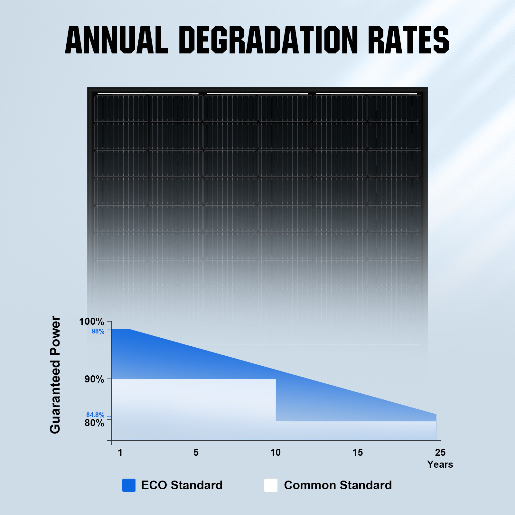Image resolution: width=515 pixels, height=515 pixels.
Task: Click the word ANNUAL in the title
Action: pos(117,40)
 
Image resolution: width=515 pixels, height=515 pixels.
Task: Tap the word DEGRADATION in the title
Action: pos(268,40)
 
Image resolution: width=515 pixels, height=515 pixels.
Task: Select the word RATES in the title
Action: pos(408,40)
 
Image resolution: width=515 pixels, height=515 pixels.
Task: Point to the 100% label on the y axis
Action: pos(92,322)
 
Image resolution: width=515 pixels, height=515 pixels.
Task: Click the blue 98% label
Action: pos(98,331)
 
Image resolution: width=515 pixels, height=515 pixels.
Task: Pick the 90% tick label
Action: pos(94,379)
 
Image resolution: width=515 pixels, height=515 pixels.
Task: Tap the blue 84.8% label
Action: pos(95,415)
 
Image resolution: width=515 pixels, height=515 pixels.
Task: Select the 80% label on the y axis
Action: pos(94,423)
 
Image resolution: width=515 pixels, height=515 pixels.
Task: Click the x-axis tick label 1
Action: pos(120,453)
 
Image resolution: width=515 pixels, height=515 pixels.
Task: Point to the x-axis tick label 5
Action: pos(196,453)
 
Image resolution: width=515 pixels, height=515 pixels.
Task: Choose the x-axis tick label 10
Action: pos(276,453)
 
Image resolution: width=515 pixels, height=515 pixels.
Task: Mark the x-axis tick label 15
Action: pos(358,453)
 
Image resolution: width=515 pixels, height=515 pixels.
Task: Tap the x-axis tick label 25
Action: pos(440,453)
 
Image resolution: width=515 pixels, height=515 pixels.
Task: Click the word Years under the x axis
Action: pos(440,464)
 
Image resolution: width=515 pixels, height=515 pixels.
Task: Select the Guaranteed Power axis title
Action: pos(55,375)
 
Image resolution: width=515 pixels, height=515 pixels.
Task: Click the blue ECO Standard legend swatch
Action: pos(129,485)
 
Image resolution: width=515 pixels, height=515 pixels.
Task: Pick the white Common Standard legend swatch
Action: pos(271,485)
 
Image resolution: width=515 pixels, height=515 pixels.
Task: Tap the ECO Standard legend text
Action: pos(182,485)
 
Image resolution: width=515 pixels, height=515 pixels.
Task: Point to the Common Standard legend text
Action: pos(338,485)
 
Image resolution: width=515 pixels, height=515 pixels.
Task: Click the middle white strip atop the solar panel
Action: pos(257,94)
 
